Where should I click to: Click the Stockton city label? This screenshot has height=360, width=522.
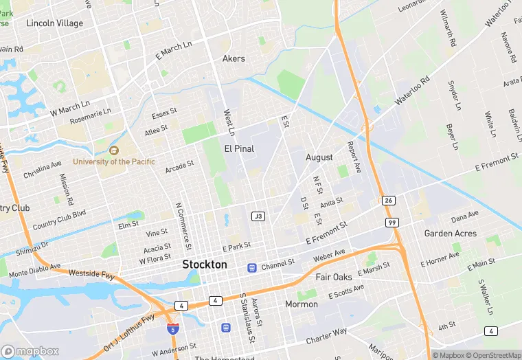[x=204, y=265]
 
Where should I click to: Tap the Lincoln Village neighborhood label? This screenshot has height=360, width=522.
[x=54, y=23]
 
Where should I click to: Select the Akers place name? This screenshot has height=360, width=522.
[x=234, y=58]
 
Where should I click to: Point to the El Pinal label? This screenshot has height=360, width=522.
[x=239, y=148]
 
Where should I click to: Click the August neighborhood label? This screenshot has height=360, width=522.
[x=319, y=157]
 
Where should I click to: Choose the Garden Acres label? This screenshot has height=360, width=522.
[x=450, y=234]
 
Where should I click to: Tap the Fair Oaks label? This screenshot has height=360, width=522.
[x=333, y=277]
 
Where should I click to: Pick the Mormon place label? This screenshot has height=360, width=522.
[x=302, y=303]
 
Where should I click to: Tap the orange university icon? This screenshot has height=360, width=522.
[x=114, y=150]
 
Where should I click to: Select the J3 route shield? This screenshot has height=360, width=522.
[x=258, y=216]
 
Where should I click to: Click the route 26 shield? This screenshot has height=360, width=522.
[x=389, y=201]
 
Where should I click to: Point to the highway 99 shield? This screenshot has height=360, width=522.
[x=391, y=223]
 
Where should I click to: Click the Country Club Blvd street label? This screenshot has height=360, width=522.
[x=59, y=218]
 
